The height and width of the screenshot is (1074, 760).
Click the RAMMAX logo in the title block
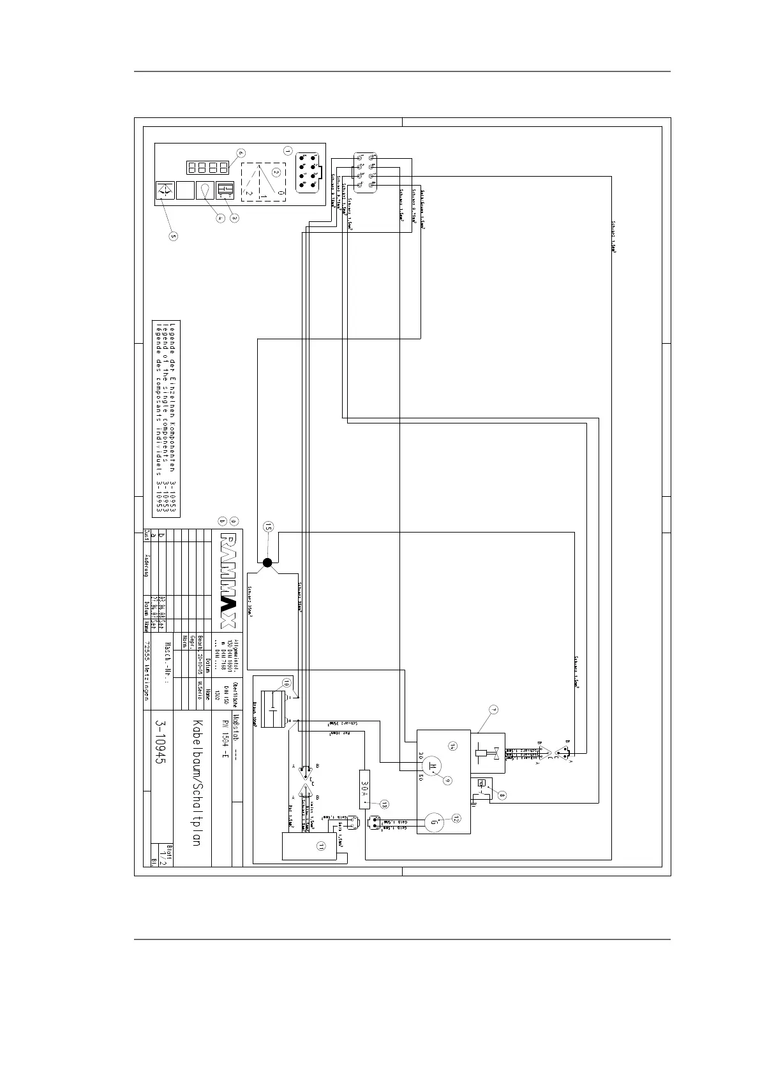(x=228, y=579)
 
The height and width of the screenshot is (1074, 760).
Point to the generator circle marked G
(x=434, y=823)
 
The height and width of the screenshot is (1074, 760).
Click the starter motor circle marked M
(x=434, y=765)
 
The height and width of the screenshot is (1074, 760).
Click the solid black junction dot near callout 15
(x=268, y=562)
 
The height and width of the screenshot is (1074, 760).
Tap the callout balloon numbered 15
(x=268, y=527)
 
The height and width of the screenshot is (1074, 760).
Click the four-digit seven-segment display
(x=207, y=168)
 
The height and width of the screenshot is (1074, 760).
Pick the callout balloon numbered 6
(x=240, y=153)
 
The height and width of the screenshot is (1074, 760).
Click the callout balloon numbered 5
(x=173, y=235)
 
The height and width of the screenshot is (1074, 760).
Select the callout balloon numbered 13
(x=384, y=804)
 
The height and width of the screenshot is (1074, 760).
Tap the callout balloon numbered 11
(x=321, y=846)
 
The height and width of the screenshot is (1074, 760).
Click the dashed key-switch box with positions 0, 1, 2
(x=264, y=182)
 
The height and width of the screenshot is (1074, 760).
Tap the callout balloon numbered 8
(x=502, y=795)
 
